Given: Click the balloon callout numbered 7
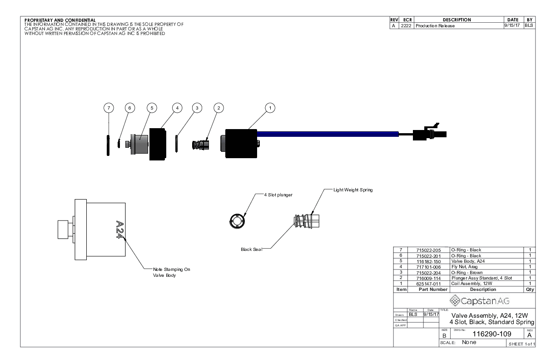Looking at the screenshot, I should [108, 108].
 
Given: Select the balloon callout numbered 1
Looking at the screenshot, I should [270, 108].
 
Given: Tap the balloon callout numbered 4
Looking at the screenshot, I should [177, 108].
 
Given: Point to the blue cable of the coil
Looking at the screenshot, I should [327, 134].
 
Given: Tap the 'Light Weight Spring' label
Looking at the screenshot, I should [353, 190].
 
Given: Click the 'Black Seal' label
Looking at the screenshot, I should [249, 249].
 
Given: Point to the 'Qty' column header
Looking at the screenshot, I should [530, 289].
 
